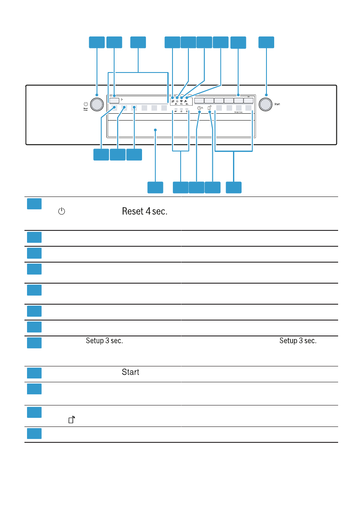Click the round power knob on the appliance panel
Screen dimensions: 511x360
tap(97, 104)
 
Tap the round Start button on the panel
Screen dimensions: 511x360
tap(266, 104)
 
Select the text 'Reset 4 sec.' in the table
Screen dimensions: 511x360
tap(145, 212)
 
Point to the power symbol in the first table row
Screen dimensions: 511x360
tap(62, 212)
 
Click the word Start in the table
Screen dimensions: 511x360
tap(130, 372)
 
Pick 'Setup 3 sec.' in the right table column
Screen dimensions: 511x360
tap(298, 341)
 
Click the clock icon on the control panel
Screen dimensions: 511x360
tap(200, 109)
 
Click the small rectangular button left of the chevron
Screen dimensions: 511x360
tap(114, 100)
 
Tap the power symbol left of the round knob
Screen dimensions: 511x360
tap(86, 104)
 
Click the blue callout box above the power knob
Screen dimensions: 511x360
tap(97, 42)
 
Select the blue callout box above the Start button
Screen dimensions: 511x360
tap(266, 42)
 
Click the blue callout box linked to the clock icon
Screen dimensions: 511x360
tap(197, 187)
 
